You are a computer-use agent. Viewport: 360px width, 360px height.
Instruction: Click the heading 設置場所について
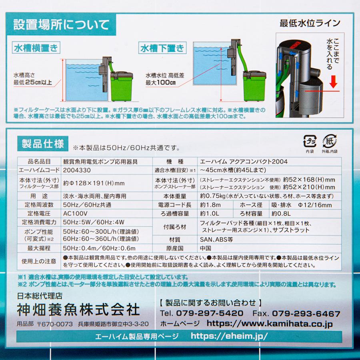click(x=61, y=25)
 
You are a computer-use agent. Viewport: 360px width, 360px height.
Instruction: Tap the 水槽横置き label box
click(x=36, y=49)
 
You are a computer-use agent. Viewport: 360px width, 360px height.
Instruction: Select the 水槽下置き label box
click(x=162, y=48)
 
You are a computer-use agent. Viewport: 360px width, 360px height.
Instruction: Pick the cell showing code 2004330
click(x=77, y=170)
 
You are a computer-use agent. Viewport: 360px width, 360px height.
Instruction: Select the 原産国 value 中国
click(x=205, y=248)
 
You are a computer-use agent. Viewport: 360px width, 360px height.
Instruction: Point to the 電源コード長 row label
click(x=175, y=205)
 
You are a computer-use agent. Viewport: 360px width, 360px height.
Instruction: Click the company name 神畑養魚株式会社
click(x=78, y=309)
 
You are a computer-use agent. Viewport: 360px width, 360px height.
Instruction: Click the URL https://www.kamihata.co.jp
click(x=270, y=324)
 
